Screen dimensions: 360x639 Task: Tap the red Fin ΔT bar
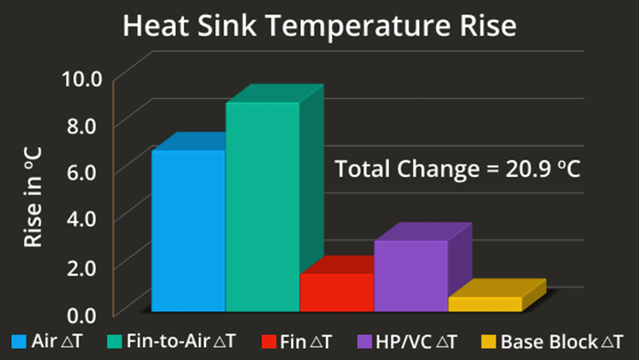pos(336,292)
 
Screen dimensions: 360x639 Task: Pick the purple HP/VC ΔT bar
pos(410,276)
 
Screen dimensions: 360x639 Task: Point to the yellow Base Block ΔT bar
pos(484,304)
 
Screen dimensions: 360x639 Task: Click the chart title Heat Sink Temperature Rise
pos(319,26)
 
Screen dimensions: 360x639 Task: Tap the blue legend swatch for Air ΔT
pos(18,343)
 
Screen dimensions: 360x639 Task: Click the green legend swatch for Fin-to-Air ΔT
pos(114,343)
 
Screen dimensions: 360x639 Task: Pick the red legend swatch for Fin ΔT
pos(268,343)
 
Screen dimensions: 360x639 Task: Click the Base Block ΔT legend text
pos(561,343)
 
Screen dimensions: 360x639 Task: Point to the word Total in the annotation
pos(360,169)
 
